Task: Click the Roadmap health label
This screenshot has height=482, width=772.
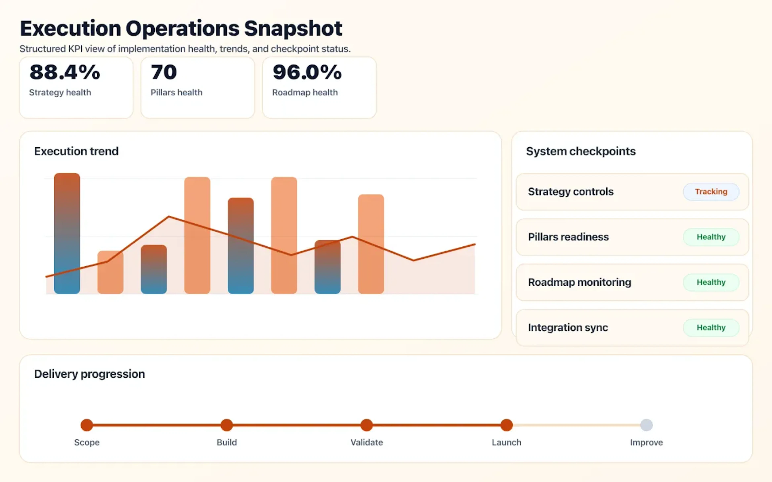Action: coord(305,92)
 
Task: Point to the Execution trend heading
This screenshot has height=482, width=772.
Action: coord(76,151)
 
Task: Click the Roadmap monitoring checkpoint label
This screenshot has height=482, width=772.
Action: coord(579,282)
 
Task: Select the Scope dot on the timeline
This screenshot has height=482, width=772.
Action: coord(87,425)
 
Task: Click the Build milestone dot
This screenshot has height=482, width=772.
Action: coord(227,425)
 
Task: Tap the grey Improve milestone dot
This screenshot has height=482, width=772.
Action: coord(646,425)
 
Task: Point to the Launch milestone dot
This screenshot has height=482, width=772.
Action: coord(506,425)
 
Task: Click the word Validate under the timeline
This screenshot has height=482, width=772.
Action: coord(366,442)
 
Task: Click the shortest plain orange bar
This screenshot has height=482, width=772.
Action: coord(110,273)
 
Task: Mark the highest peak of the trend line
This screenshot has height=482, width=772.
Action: coord(169,217)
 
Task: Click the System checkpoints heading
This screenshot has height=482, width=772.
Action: coord(581,151)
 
